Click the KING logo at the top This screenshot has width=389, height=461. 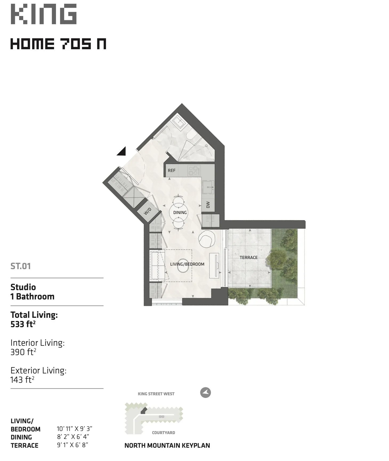pyautogui.click(x=44, y=14)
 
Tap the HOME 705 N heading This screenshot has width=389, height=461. pyautogui.click(x=58, y=44)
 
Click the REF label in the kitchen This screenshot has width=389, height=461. pyautogui.click(x=172, y=170)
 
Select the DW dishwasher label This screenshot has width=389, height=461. pyautogui.click(x=208, y=204)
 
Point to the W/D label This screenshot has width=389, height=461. pyautogui.click(x=147, y=211)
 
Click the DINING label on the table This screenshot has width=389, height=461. pyautogui.click(x=180, y=212)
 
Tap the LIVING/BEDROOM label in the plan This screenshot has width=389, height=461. pyautogui.click(x=187, y=264)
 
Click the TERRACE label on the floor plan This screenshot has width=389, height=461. pyautogui.click(x=249, y=257)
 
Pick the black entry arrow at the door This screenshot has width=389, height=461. pyautogui.click(x=121, y=152)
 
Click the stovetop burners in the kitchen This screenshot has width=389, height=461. pyautogui.click(x=194, y=171)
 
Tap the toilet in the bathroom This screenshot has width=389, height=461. pyautogui.click(x=191, y=135)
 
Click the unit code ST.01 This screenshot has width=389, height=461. pyautogui.click(x=21, y=266)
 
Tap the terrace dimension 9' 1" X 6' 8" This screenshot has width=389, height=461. pyautogui.click(x=72, y=445)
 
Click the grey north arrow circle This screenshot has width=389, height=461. pyautogui.click(x=205, y=393)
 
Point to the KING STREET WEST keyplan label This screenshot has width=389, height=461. pyautogui.click(x=156, y=394)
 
